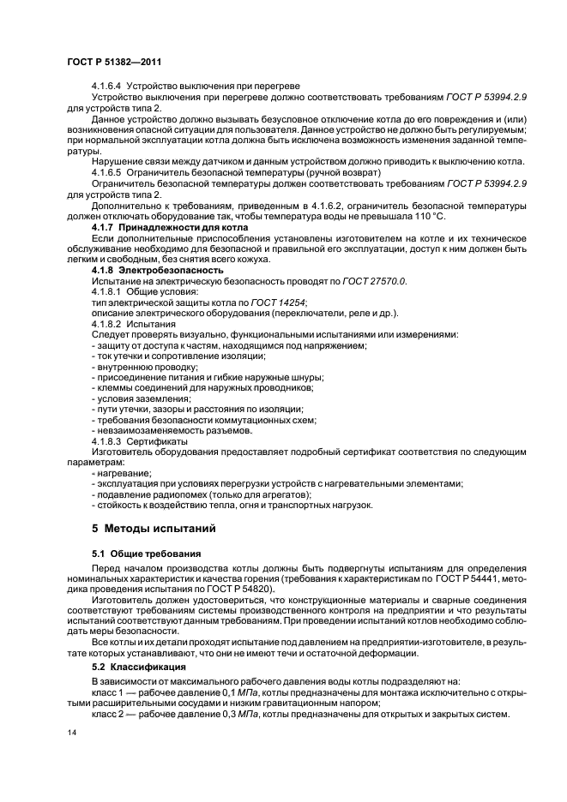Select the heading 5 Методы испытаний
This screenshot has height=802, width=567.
[149, 526]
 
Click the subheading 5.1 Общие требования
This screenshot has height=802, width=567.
[146, 554]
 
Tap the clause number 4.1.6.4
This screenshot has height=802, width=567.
[107, 87]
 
